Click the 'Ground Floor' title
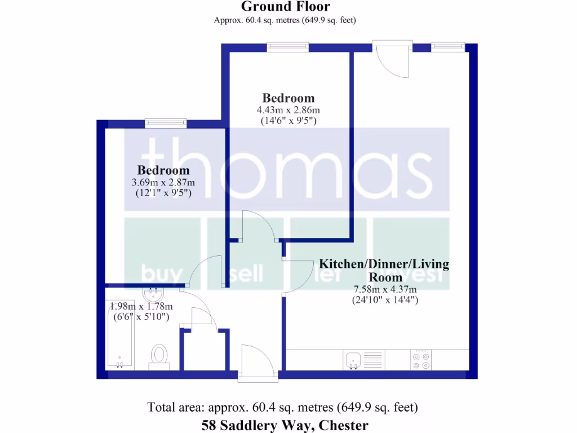pos(285,7)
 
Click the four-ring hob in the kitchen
pos(421,359)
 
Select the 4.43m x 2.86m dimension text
pos(288,110)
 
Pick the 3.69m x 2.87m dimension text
pos(163,182)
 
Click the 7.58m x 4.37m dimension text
pos(384,289)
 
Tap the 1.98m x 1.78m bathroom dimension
pos(141,306)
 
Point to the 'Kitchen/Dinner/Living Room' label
pos(384,270)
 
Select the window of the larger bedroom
pos(287,47)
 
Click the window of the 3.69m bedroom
pos(166,122)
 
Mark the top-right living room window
pos(449,47)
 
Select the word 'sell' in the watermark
pos(247,274)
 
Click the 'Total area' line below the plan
pos(282,407)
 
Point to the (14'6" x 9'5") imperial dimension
pos(288,120)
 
